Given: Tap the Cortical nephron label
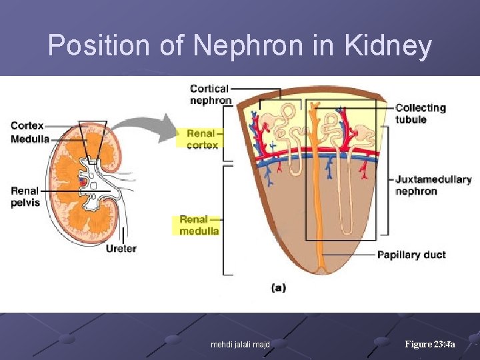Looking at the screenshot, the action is [x=210, y=94].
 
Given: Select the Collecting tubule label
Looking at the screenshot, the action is [x=420, y=113].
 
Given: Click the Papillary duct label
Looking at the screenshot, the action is [x=411, y=255].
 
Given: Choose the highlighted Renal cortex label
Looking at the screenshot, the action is [x=202, y=139].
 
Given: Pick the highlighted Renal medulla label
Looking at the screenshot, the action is [x=199, y=225].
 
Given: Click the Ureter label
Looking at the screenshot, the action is [x=121, y=249].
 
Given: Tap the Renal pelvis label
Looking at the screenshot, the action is [x=25, y=197].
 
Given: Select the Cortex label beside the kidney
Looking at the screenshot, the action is [x=27, y=126].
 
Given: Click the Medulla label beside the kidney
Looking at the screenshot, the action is [x=30, y=139].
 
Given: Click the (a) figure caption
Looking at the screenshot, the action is [x=279, y=288].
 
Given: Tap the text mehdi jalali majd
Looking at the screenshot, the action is [x=240, y=345].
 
